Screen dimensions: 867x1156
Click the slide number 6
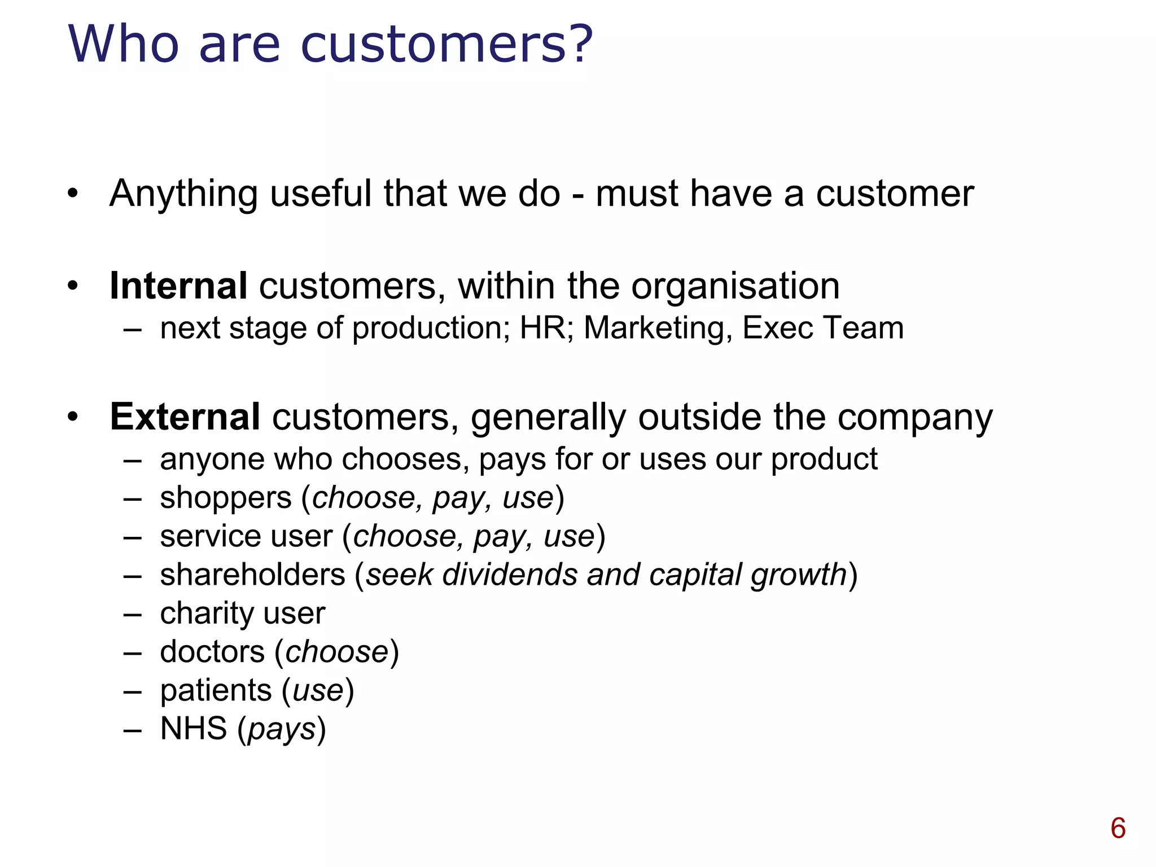[x=1118, y=829]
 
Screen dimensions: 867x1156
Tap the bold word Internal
[x=178, y=286]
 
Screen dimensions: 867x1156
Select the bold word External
[x=185, y=417]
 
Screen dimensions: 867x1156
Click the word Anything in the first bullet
[x=183, y=194]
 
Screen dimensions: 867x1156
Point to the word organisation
[x=735, y=286]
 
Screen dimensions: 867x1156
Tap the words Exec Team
[x=822, y=328]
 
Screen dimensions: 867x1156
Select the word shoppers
[x=226, y=498]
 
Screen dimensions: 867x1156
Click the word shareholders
[x=252, y=575]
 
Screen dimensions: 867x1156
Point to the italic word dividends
[x=510, y=575]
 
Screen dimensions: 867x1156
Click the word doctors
[x=212, y=652]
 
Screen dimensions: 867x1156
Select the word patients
[x=216, y=691]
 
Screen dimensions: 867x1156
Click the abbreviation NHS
[x=194, y=729]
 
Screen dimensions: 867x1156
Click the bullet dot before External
[x=72, y=418]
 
